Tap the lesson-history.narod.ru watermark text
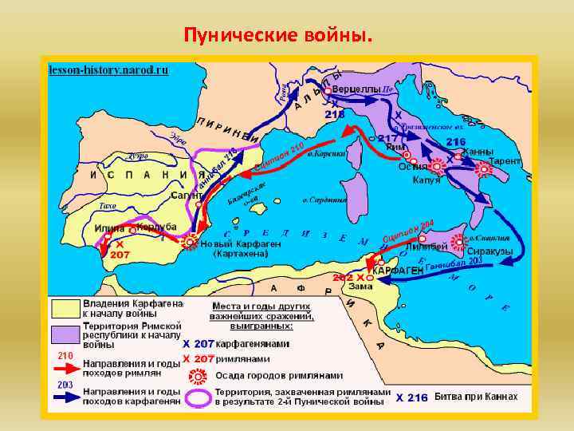[x=108, y=69]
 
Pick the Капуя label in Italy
[x=427, y=180]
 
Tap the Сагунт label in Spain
[x=186, y=195]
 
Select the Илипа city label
[x=110, y=228]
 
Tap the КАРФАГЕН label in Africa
[x=399, y=271]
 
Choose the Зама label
[x=360, y=286]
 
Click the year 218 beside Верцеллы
[x=335, y=114]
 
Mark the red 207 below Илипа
[x=120, y=255]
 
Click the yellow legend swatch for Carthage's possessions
[x=66, y=309]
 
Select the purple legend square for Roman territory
[x=66, y=332]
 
